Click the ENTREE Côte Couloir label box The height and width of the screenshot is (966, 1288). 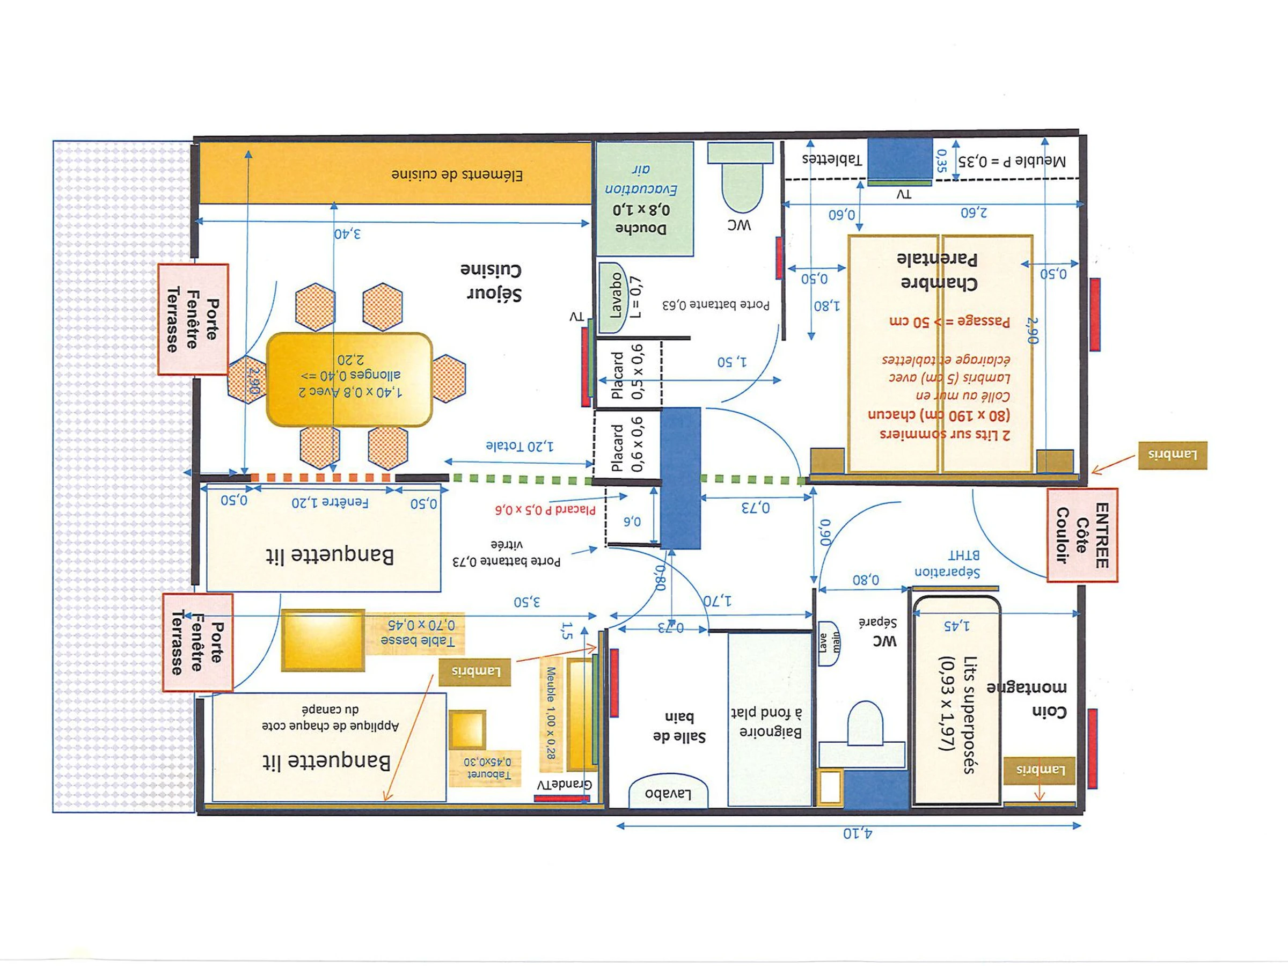click(1082, 535)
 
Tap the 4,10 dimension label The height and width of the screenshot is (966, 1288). click(858, 834)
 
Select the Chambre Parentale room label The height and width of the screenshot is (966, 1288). click(939, 271)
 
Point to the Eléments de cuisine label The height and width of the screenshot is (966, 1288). click(457, 174)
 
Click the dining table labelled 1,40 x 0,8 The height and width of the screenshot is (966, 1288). click(349, 379)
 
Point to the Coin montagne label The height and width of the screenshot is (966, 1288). click(1027, 699)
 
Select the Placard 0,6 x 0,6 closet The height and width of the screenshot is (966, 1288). click(626, 446)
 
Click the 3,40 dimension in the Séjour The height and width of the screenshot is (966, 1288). click(348, 234)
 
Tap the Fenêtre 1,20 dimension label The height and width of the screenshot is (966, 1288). click(330, 502)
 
